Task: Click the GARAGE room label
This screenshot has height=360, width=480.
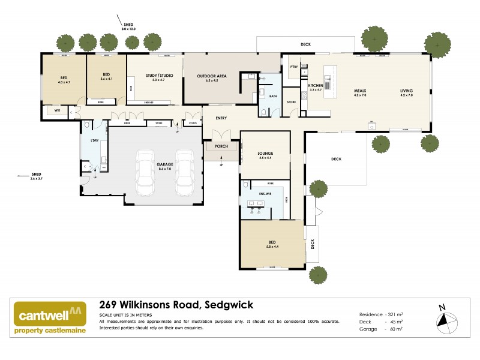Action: click(x=165, y=167)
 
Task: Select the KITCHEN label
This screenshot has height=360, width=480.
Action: click(x=316, y=86)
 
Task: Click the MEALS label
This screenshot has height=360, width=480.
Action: click(x=359, y=91)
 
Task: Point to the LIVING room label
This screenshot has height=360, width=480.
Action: click(x=407, y=91)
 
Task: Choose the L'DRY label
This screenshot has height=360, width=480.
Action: click(x=94, y=140)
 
